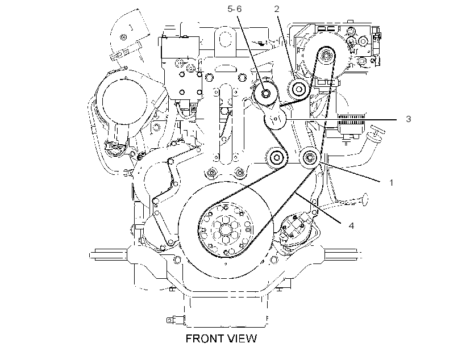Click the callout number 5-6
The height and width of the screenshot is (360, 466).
[235, 9]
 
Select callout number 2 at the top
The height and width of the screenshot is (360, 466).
[277, 9]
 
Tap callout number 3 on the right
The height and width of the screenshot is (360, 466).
[409, 119]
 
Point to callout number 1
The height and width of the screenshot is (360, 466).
[391, 182]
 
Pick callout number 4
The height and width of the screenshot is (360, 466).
[351, 226]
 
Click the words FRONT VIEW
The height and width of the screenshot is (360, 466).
[221, 338]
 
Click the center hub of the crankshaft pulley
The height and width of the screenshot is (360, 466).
[224, 229]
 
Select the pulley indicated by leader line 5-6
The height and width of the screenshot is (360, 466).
[265, 94]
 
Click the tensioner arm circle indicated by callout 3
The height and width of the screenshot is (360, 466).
[275, 119]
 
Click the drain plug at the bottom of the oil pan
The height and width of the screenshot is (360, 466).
[175, 320]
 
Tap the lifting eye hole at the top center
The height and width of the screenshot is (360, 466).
[226, 39]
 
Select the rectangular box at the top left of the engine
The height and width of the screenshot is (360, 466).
[180, 48]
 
